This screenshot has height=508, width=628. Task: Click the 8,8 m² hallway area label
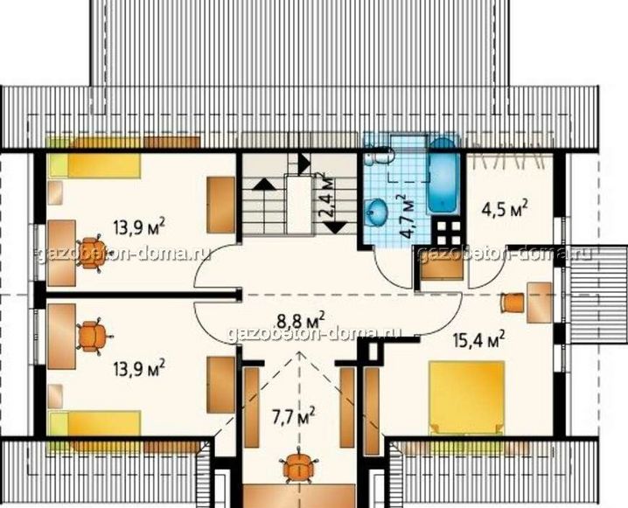pyautogui.click(x=301, y=321)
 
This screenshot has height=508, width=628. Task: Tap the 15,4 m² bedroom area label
pyautogui.click(x=478, y=341)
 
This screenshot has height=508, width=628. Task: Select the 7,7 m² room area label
pyautogui.click(x=294, y=418)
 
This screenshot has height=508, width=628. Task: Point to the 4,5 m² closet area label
pyautogui.click(x=504, y=209)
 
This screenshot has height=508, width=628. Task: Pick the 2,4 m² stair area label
pyautogui.click(x=328, y=195)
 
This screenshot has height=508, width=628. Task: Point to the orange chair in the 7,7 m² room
pyautogui.click(x=299, y=466)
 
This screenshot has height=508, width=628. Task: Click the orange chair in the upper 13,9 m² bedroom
pyautogui.click(x=92, y=252)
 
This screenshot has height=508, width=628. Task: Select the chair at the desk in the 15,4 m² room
pyautogui.click(x=513, y=303)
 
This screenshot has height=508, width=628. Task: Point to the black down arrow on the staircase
pyautogui.click(x=334, y=228)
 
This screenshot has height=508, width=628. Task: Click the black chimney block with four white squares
pyautogui.click(x=449, y=233)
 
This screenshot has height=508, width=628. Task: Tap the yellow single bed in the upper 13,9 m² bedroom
pyautogui.click(x=94, y=166)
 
